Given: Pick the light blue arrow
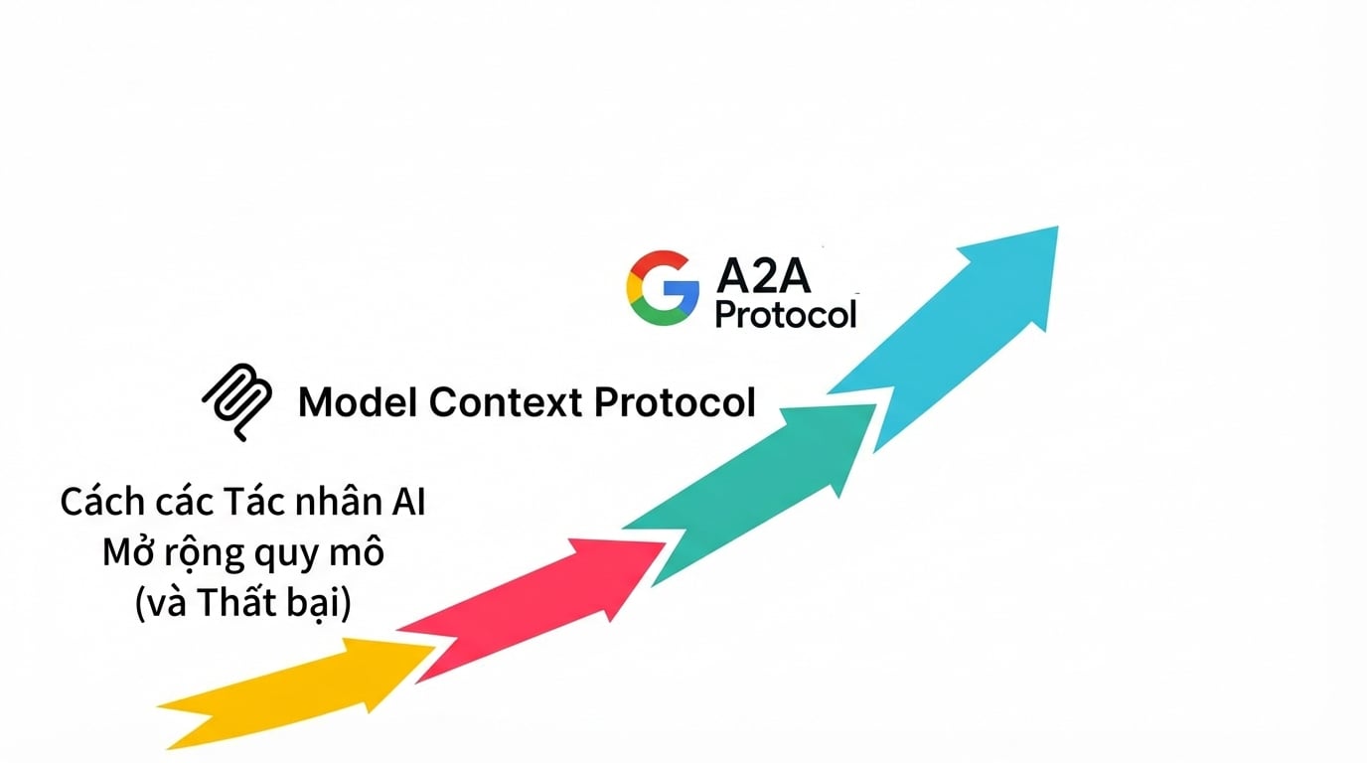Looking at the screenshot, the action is point(958,330).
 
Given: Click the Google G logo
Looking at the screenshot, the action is point(662,287).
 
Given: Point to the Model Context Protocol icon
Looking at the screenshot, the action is point(237,401).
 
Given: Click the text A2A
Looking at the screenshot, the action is point(764,276).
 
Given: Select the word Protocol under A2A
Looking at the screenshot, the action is point(786,315).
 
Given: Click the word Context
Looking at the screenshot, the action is point(506,402).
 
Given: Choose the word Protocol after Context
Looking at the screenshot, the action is point(675,402).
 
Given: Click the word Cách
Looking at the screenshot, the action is point(102,502).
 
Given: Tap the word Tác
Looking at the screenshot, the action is point(254,502).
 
